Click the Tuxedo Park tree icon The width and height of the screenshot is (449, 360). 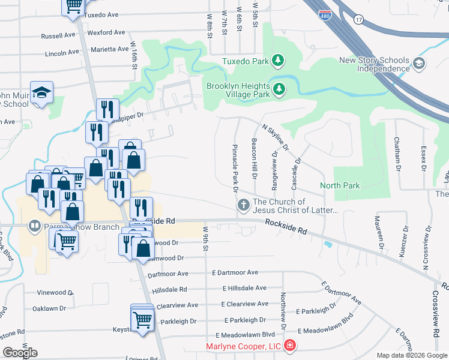tap(277, 60)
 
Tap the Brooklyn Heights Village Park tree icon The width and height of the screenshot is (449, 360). tap(279, 89)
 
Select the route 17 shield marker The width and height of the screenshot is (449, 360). tap(359, 19)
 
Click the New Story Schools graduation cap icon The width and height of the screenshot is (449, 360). tap(418, 64)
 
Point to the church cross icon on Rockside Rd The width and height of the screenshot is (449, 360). tap(244, 205)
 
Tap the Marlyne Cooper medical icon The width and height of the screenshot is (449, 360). tap(290, 346)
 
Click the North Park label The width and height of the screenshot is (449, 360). tap(340, 185)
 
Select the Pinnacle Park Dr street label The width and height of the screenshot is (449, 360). tap(235, 167)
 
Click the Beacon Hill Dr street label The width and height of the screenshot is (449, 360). tap(255, 158)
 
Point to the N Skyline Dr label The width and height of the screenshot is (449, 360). tap(276, 137)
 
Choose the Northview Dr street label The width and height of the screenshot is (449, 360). tap(282, 311)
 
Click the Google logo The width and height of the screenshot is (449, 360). tap(20, 352)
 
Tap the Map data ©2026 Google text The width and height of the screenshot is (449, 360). tap(411, 355)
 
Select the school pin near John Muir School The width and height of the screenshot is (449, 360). tap(43, 93)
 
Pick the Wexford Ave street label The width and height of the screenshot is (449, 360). tap(106, 32)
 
